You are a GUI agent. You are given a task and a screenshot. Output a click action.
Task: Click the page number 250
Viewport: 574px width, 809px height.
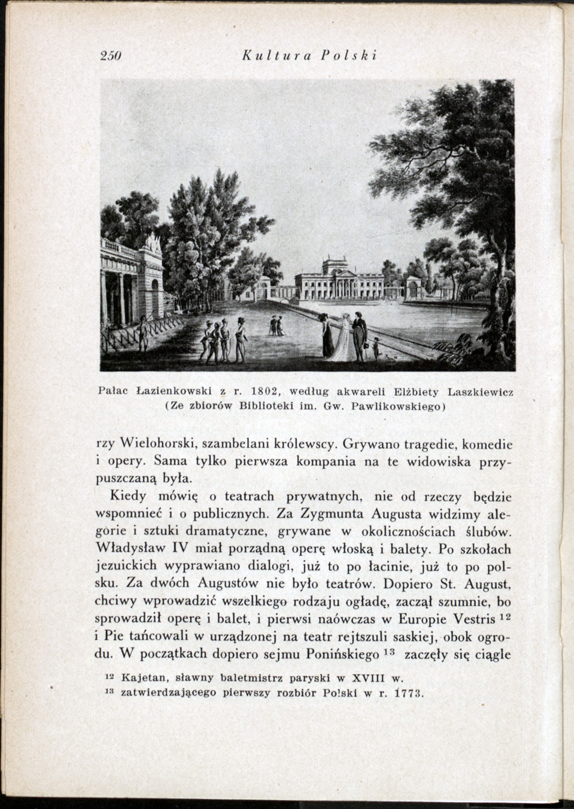pos(110,55)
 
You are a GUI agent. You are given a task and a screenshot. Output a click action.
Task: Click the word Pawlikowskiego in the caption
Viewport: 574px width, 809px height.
pos(398,406)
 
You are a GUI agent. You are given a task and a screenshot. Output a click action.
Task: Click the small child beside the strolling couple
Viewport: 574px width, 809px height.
pos(376,347)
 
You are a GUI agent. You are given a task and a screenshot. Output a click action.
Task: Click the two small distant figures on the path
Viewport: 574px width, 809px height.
pos(277,325)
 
